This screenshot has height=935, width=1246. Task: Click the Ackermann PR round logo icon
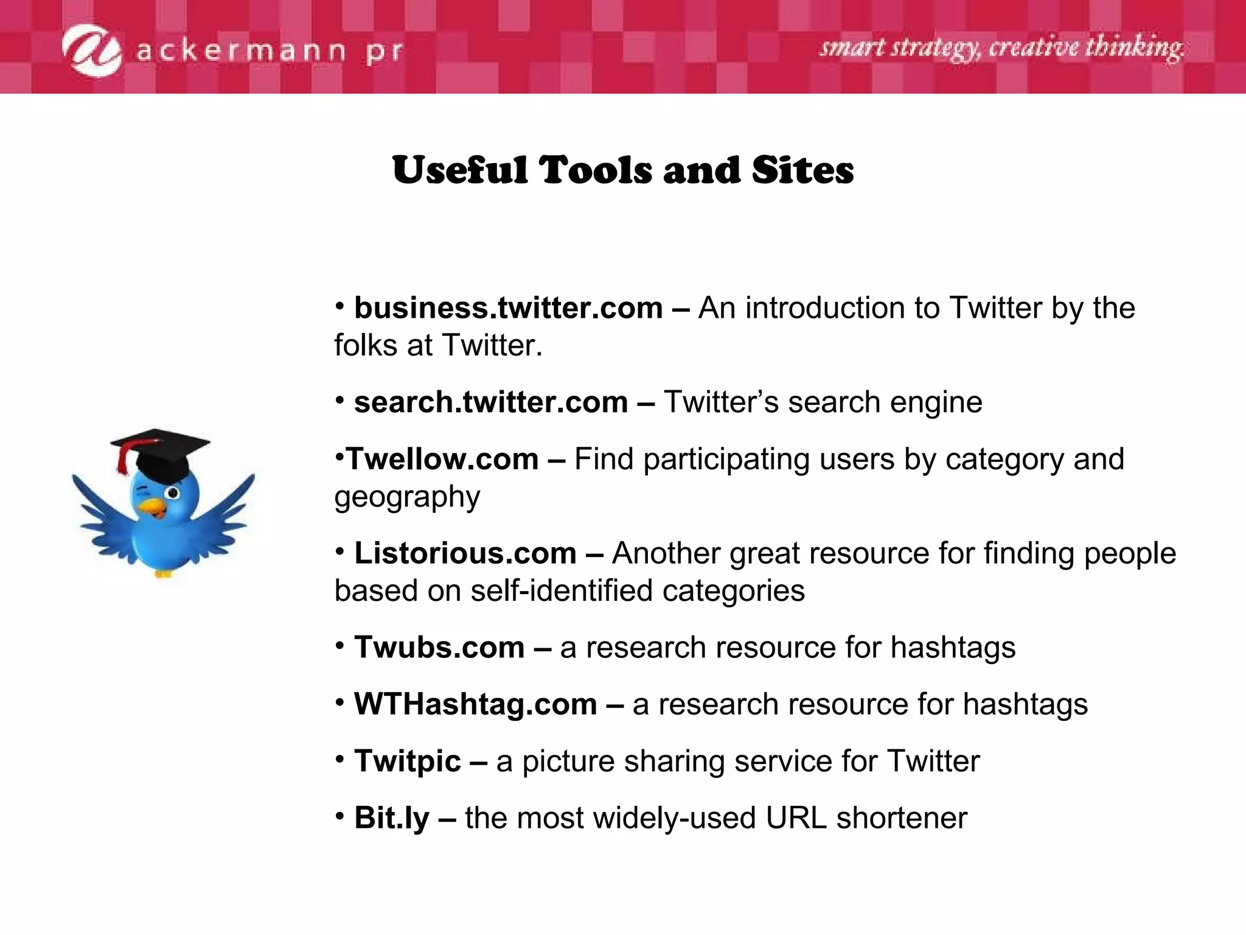(x=91, y=51)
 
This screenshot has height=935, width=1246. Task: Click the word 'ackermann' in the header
(x=241, y=52)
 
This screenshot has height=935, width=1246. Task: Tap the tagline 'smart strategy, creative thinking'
(x=1001, y=48)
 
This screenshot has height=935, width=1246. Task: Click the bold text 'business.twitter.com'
(x=508, y=308)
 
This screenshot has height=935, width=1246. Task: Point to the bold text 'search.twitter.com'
(x=491, y=402)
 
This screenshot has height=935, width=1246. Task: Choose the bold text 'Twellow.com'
(x=442, y=459)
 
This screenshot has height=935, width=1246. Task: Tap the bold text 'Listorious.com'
(x=465, y=553)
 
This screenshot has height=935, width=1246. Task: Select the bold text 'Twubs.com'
(x=439, y=647)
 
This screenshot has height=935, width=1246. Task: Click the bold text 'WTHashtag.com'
(x=476, y=704)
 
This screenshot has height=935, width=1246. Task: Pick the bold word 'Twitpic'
(x=408, y=762)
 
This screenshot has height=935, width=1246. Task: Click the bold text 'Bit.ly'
(x=392, y=818)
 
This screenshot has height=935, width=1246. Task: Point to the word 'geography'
(x=407, y=498)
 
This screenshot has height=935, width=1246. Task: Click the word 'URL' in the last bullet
(x=796, y=818)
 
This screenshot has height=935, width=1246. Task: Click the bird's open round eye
(x=173, y=492)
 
